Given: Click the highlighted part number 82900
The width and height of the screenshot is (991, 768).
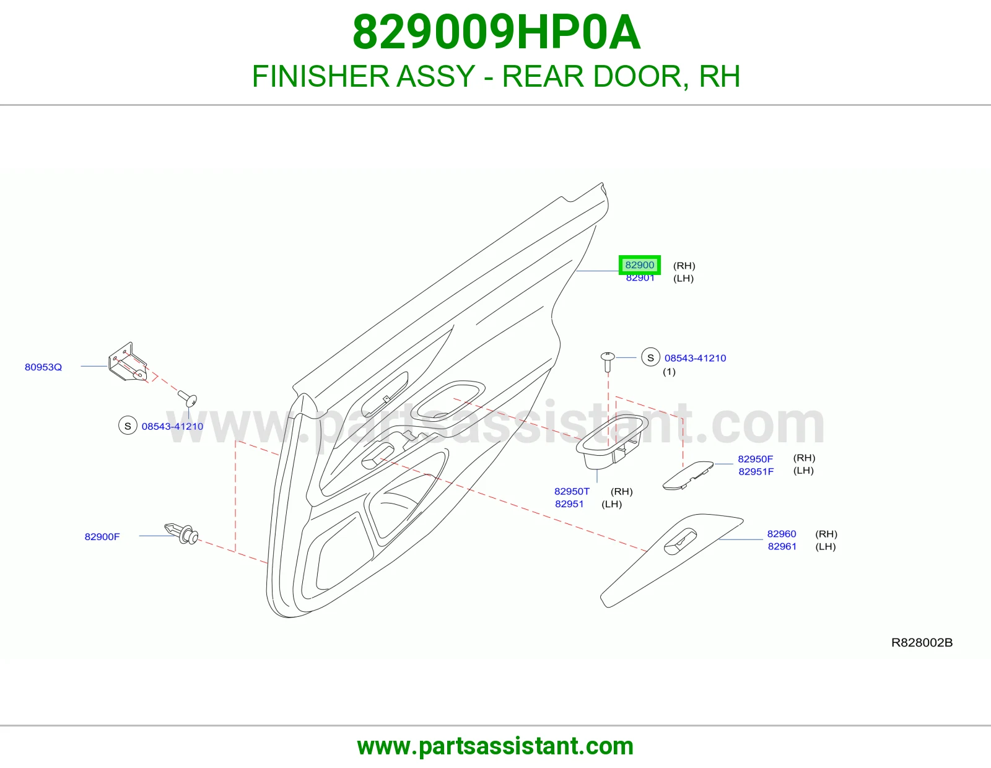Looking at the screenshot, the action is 639,265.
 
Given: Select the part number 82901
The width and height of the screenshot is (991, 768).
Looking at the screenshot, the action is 640,277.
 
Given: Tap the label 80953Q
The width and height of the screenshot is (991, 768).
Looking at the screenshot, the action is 43,367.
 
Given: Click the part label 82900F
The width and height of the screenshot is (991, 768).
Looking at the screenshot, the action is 102,536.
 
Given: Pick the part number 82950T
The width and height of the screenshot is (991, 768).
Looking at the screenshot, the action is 572,491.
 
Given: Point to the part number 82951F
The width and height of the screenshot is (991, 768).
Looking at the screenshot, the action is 756,471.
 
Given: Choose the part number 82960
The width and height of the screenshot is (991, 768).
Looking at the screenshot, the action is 782,534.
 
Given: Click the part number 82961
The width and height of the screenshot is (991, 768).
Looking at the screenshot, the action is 782,546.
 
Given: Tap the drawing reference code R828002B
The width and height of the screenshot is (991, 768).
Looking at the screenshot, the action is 922,643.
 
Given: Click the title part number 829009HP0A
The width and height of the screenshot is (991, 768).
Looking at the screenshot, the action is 497,32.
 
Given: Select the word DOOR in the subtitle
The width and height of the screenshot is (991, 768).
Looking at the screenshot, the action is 642,76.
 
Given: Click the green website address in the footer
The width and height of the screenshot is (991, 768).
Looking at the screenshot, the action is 495,746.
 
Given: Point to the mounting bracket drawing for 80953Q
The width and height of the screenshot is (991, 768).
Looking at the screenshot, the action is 128,363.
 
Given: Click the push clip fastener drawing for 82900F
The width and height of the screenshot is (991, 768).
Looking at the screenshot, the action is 181,534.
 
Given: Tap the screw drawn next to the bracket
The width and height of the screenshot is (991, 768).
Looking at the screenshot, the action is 188,399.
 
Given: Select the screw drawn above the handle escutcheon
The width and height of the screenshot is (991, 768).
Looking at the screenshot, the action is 608,362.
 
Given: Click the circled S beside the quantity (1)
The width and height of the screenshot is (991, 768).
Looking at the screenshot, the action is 651,357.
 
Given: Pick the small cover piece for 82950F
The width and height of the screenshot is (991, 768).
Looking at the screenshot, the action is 688,475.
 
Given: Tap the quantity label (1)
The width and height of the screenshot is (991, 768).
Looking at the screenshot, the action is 669,372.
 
